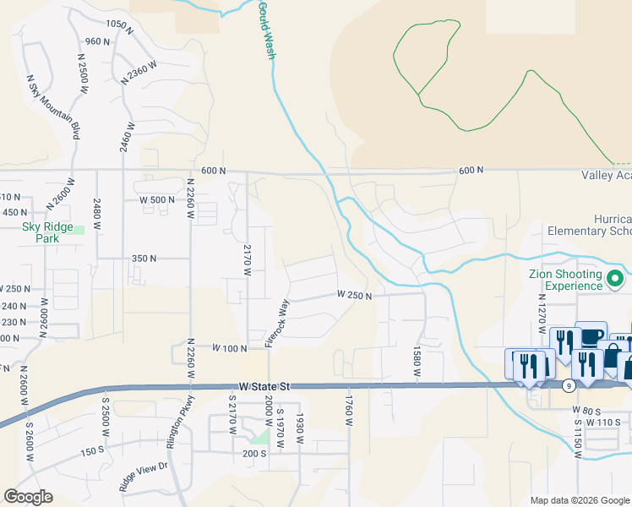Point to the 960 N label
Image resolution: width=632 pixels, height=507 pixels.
(x=98, y=41)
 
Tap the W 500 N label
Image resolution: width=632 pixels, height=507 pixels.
(x=156, y=200)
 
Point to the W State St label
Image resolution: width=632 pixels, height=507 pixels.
(x=264, y=385)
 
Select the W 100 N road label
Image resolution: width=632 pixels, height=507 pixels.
(x=229, y=348)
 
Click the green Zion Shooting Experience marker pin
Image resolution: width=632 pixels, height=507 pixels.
(x=615, y=278)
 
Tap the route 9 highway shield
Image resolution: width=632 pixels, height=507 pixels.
(x=570, y=385)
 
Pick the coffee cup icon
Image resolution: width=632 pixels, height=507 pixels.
(x=591, y=335)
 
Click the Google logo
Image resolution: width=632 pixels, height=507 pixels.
(x=28, y=497)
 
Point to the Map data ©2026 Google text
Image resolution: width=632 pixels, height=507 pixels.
(x=579, y=500)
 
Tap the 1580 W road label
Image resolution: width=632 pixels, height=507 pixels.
(x=417, y=362)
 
